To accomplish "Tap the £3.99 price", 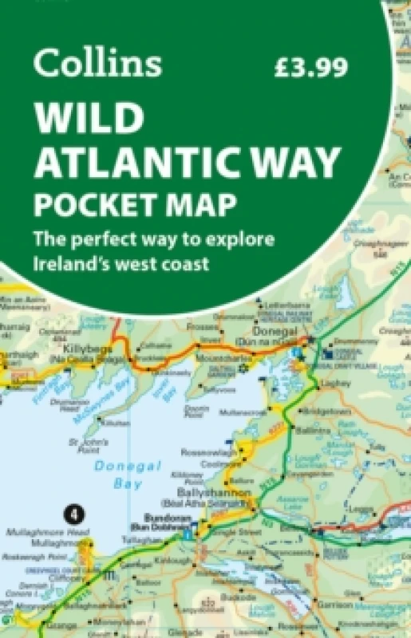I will pos(310,67).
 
